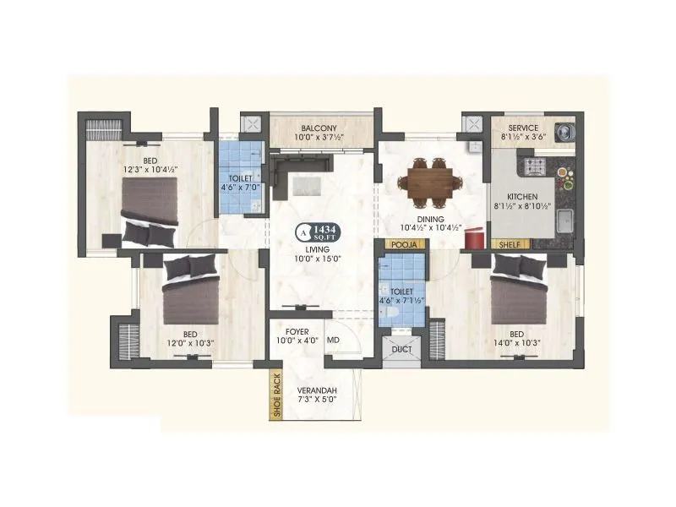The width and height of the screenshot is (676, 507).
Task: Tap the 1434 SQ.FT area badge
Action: (316, 230)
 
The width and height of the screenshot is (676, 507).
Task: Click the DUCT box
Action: (401, 347)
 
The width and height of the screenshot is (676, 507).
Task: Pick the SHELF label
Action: (510, 244)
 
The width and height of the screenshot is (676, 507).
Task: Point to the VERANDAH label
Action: (318, 390)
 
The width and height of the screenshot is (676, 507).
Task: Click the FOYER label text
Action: (297, 332)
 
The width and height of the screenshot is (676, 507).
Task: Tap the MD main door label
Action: (333, 341)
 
